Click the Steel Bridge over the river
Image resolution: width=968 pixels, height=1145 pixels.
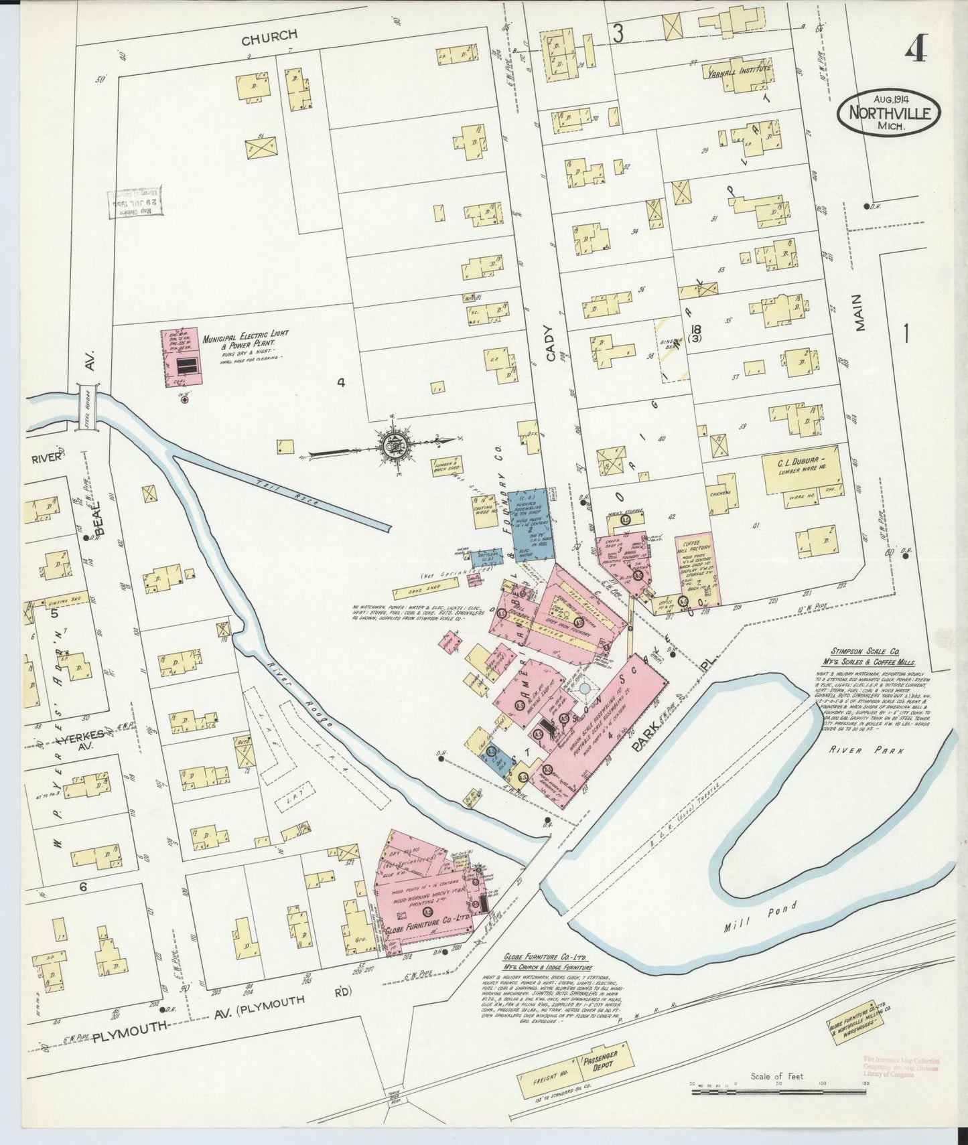pos(88,406)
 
